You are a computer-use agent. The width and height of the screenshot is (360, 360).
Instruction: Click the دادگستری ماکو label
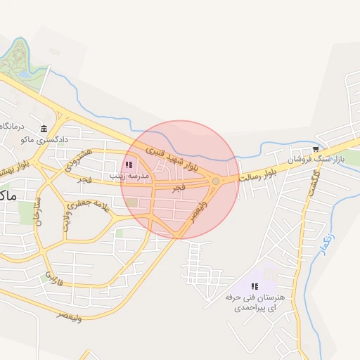44,140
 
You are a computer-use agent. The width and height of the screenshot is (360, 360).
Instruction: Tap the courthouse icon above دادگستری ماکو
44,129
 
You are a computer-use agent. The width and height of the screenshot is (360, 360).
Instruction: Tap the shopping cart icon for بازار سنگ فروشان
316,149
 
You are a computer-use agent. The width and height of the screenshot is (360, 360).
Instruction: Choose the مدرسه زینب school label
134,176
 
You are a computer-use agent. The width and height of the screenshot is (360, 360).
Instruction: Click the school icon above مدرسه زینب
128,165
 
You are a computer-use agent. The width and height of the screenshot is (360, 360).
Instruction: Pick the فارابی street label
55,277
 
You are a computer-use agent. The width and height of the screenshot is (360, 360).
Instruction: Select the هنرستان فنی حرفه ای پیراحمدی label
255,302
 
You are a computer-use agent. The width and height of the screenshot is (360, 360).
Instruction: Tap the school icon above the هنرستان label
255,286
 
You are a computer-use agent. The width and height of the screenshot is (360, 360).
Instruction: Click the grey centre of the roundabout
216,181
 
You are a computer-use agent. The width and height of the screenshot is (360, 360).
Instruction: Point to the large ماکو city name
8,195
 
